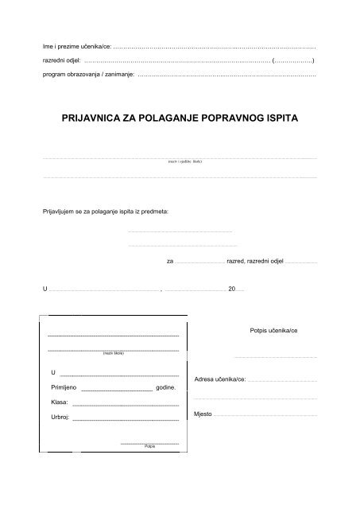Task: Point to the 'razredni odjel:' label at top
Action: click(61, 60)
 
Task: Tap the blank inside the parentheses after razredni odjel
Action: click(293, 60)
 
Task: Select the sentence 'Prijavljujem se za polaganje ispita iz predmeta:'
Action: click(111, 212)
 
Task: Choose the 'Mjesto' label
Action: click(203, 414)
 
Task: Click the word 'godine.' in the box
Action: click(165, 388)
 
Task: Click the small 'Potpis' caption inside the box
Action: click(149, 447)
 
